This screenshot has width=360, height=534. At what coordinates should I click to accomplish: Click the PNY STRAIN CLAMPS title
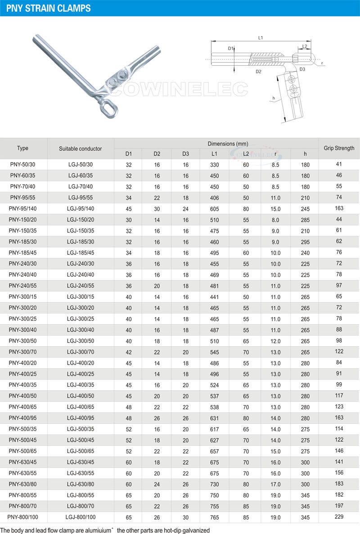[48, 8]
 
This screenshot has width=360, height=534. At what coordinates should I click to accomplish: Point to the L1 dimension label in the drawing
[261, 38]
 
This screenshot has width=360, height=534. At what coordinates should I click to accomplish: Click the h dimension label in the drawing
[274, 97]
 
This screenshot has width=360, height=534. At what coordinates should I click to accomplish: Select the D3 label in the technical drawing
[302, 69]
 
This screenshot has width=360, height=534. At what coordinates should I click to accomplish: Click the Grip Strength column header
[339, 148]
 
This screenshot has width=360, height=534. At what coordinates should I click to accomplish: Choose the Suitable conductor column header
[81, 149]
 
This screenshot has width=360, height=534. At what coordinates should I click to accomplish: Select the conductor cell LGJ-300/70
[81, 352]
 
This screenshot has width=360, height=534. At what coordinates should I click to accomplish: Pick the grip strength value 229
[339, 516]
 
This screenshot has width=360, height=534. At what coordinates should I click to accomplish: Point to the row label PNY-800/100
[24, 517]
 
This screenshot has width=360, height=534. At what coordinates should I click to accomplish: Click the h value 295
[305, 242]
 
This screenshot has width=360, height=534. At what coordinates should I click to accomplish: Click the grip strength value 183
[339, 484]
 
